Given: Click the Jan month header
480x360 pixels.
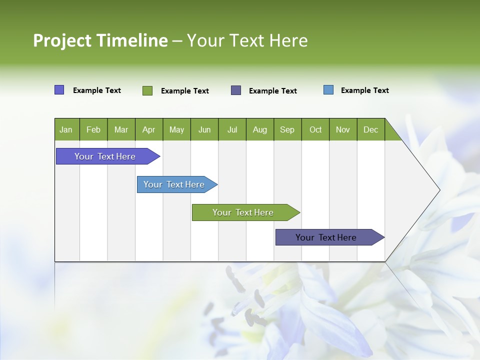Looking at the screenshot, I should coord(66,129).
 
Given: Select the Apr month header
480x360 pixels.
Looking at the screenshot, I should coord(148,129).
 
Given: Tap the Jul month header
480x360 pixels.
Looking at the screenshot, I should coord(232,129).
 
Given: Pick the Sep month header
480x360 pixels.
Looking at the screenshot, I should coord(287,129).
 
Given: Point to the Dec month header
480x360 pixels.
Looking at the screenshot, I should coord(370,129).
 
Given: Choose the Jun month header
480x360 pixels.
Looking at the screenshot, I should coord(204,129).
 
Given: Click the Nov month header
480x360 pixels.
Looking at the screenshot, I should coord(342,129).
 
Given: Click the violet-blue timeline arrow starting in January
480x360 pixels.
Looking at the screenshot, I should coord(105,156).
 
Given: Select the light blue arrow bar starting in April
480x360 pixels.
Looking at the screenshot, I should coord(174,184).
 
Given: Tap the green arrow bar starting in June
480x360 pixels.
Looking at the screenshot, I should coord(243,212).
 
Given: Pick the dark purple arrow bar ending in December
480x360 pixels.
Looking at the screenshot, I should coord(326,237).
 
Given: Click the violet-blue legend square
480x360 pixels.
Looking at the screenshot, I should coord(59,90).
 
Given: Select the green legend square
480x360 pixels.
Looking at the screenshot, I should coord(147,90).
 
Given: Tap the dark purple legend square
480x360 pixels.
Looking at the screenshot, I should coord(236,90).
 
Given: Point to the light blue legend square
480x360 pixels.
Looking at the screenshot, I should coord(328,90).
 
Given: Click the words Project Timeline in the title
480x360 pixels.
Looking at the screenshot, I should coord(100,40).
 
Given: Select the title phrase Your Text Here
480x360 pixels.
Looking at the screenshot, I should coord(247,40).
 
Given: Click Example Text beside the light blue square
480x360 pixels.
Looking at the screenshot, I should coord(364,90).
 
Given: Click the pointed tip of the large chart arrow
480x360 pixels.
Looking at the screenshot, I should coord(438,189).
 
